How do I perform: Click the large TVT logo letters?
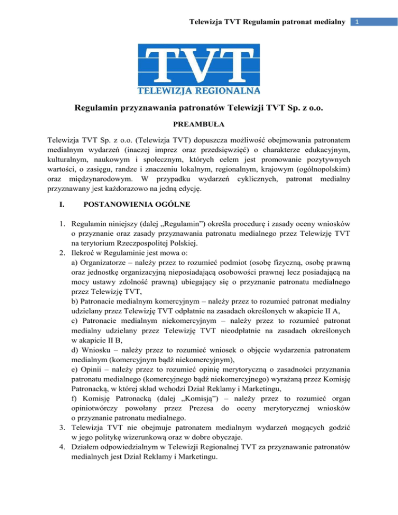199,67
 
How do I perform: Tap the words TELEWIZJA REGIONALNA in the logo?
199,92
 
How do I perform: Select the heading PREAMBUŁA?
199,124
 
